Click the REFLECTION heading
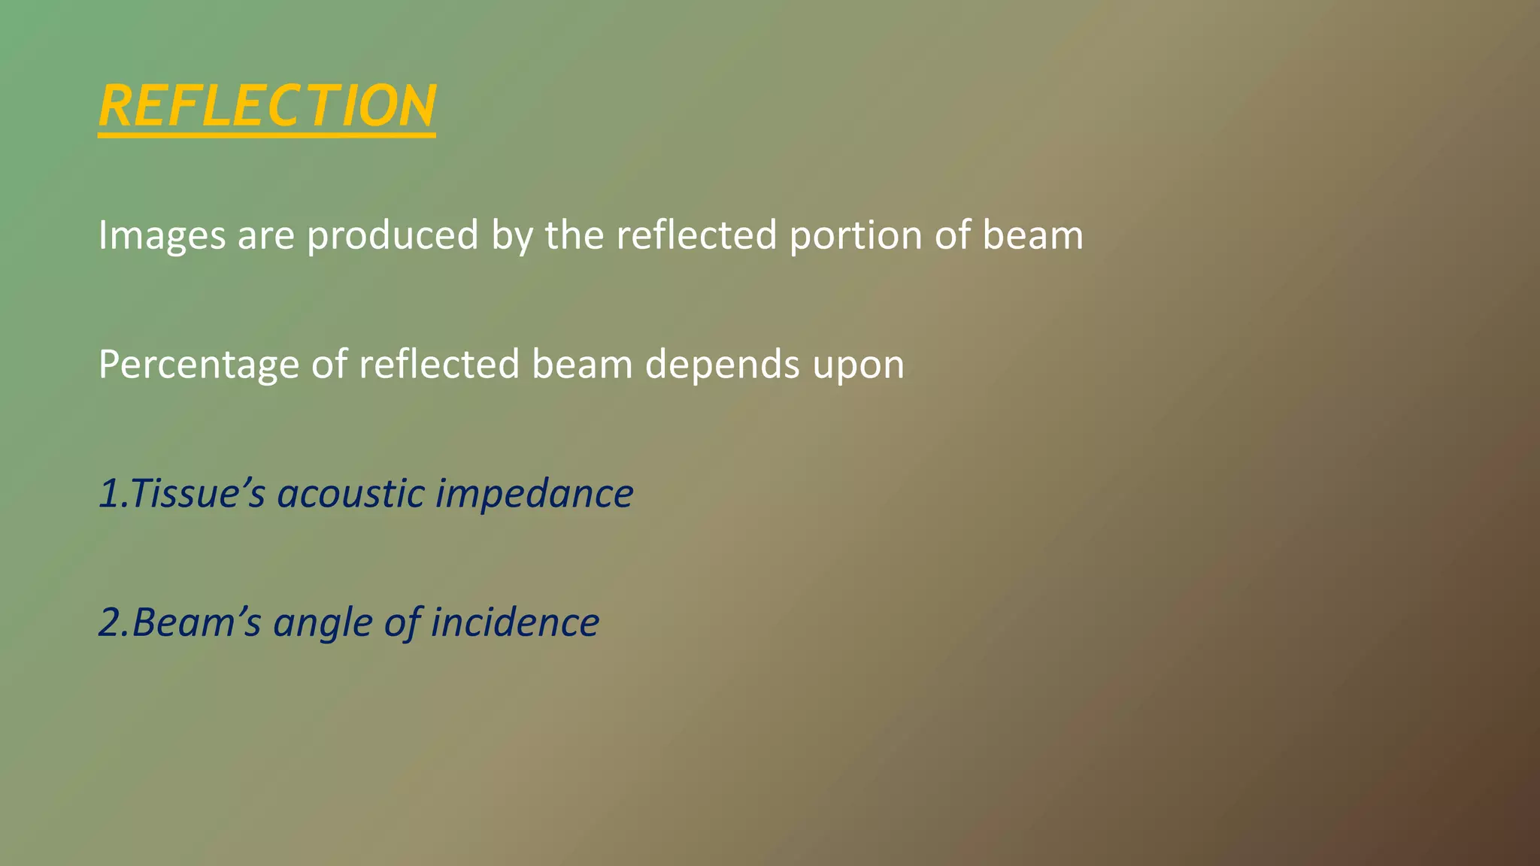267,106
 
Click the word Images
162,235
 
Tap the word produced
393,235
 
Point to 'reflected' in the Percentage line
439,365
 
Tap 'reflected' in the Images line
696,235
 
